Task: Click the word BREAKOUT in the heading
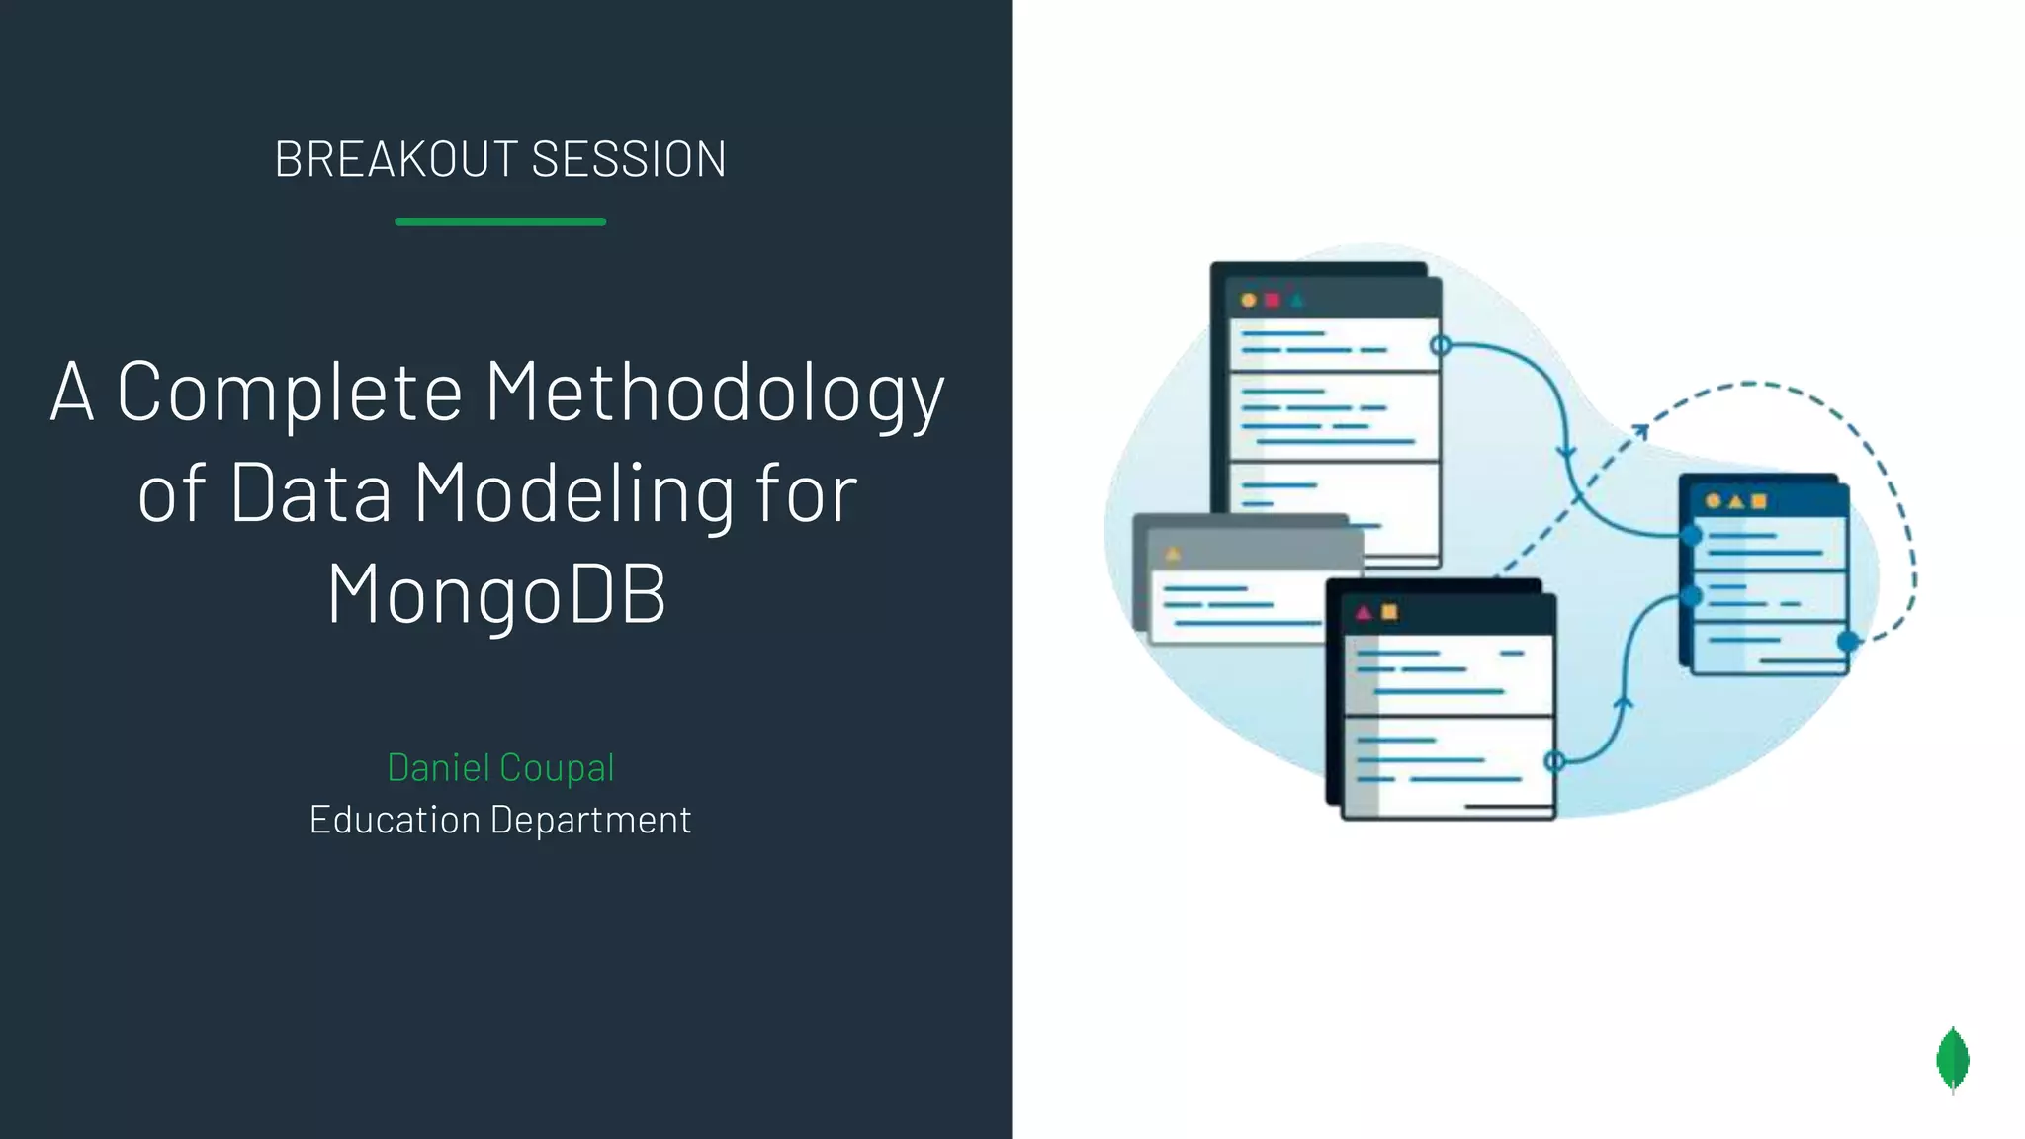click(396, 160)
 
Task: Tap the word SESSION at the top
click(629, 160)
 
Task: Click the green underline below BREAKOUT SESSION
click(500, 221)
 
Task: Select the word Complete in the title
click(290, 393)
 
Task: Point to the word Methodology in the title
click(715, 393)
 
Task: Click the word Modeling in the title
click(574, 493)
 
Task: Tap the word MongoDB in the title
click(497, 593)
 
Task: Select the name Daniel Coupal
click(500, 768)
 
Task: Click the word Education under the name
click(394, 820)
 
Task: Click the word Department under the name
click(590, 820)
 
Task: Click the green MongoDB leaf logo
click(1952, 1060)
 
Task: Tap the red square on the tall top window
click(1273, 301)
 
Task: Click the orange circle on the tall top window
click(1249, 301)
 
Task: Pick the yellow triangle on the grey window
click(1174, 554)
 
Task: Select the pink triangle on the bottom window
click(1364, 613)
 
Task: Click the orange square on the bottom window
click(1389, 612)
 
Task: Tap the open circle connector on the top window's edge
click(1441, 345)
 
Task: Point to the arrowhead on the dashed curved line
click(1638, 430)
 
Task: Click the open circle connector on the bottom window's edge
click(1554, 760)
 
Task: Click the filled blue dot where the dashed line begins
click(1847, 642)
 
